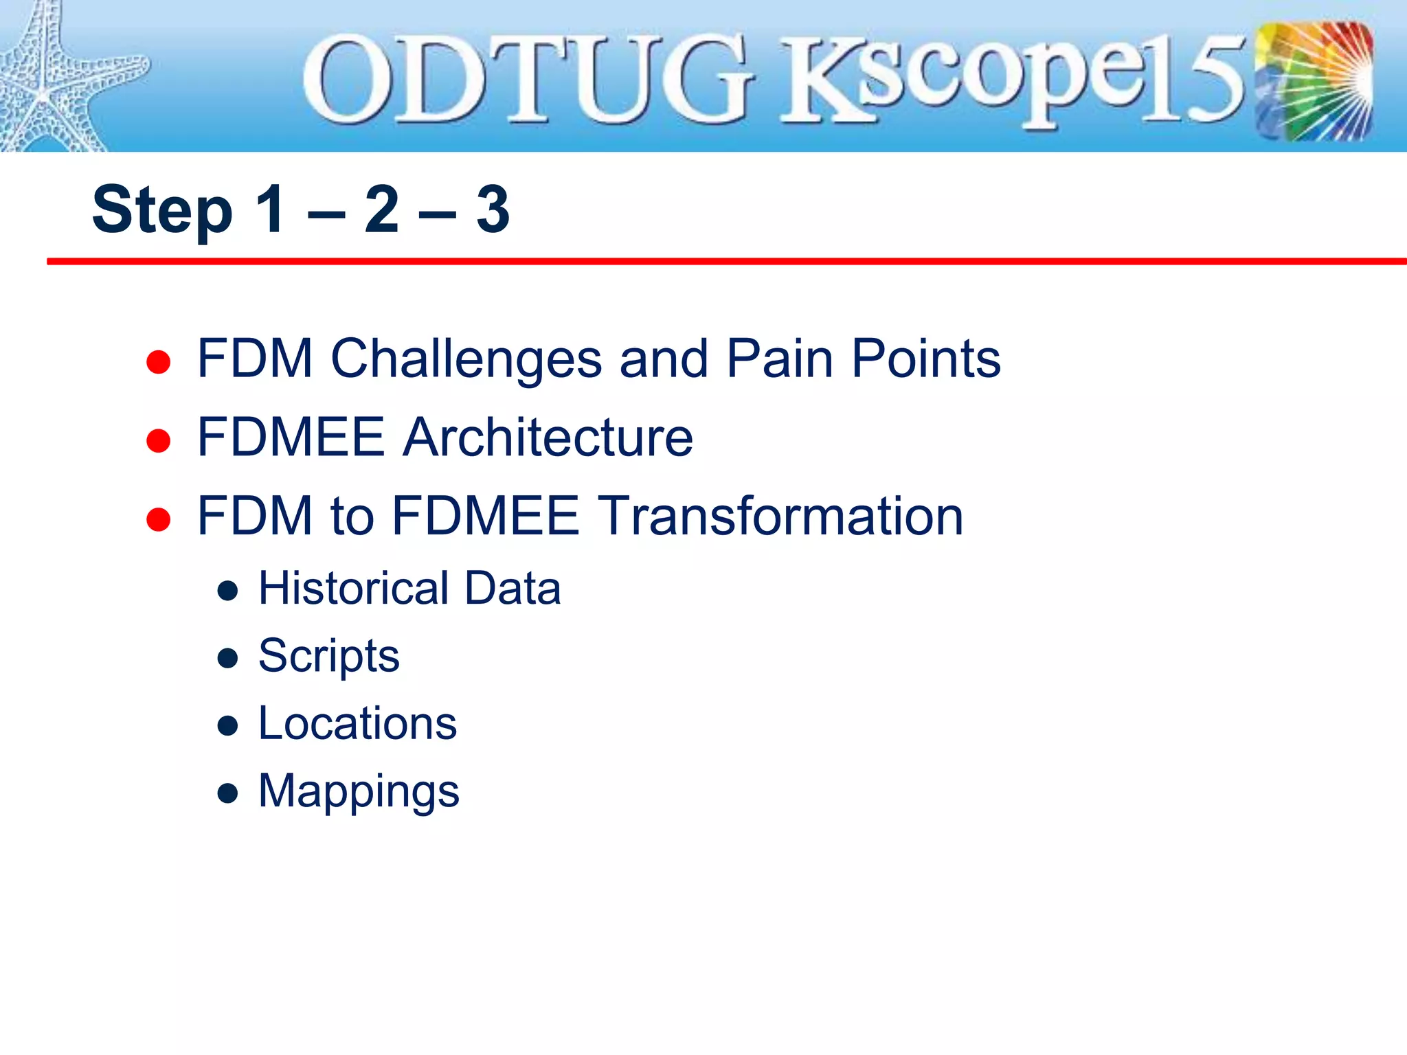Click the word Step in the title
point(162,211)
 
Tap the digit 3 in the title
point(493,209)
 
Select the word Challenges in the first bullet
point(466,359)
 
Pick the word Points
point(926,359)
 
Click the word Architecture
point(548,437)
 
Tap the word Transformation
point(780,516)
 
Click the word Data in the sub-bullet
point(513,589)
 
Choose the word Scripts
point(328,656)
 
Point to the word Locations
point(357,723)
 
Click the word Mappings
point(359,792)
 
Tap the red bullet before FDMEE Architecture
point(158,440)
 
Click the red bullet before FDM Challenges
point(158,362)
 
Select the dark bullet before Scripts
point(227,659)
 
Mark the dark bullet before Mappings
point(227,794)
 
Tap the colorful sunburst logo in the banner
point(1314,81)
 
